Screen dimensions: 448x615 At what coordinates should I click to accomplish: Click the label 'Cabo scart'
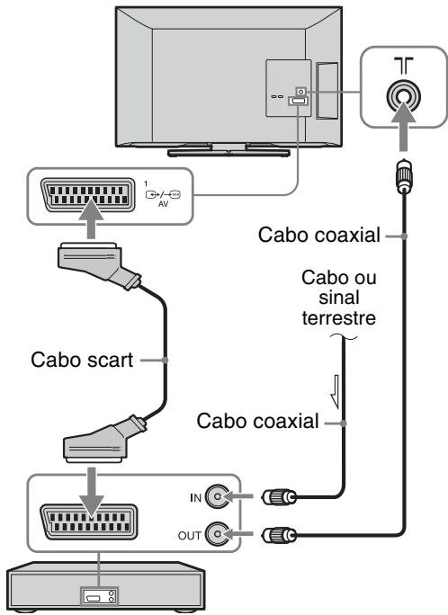coord(82,360)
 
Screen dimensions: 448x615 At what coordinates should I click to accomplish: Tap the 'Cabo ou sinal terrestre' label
coord(338,298)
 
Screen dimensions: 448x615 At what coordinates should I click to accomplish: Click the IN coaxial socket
coord(218,497)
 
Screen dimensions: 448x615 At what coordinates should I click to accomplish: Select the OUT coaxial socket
coord(218,534)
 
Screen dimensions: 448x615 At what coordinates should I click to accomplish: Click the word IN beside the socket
coord(196,498)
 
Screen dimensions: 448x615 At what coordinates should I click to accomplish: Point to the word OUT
coord(190,535)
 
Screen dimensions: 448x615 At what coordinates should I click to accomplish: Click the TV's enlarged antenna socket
coord(403,95)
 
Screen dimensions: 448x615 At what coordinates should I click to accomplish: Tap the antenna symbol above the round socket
coord(404,66)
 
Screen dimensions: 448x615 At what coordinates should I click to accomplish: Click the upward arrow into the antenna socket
coord(404,126)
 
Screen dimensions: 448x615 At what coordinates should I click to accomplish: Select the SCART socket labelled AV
coord(88,195)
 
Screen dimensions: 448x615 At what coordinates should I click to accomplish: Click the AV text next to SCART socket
coord(163,204)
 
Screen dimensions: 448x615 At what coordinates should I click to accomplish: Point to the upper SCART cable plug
coord(99,265)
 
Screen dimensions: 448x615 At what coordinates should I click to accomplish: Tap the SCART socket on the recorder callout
coord(88,521)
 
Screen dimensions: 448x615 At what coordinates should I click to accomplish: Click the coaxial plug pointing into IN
coord(279,497)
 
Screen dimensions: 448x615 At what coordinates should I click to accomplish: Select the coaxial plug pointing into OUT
coord(279,535)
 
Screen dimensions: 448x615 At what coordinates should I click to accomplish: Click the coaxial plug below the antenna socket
coord(404,176)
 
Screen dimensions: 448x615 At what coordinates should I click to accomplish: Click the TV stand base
coord(228,152)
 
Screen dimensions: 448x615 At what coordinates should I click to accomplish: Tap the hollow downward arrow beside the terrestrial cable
coord(336,391)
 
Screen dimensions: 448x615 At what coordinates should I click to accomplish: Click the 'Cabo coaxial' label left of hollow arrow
coord(258,421)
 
